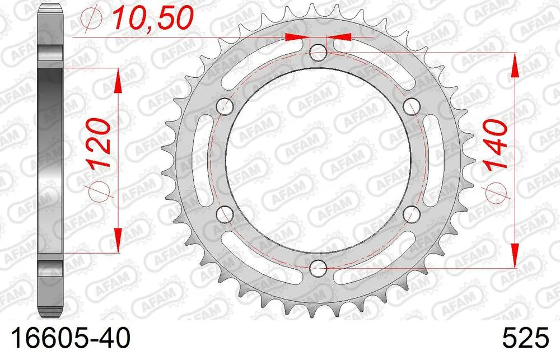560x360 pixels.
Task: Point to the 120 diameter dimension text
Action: click(101, 144)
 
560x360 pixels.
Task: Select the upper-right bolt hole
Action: click(412, 105)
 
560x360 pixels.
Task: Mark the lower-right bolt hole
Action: click(412, 213)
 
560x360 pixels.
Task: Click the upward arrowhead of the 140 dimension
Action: click(514, 64)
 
